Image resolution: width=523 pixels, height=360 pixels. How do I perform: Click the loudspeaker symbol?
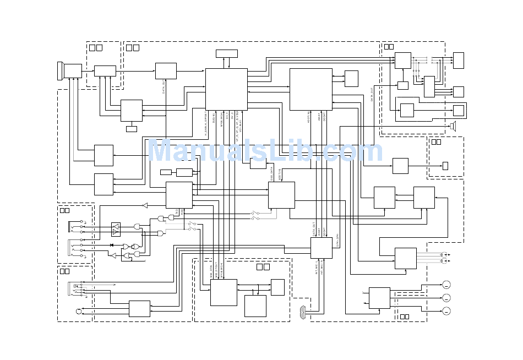453,126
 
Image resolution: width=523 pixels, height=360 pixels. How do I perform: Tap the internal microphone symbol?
302,312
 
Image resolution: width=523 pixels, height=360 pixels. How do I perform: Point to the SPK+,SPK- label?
337,240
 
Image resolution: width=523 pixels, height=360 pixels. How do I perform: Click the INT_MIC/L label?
317,268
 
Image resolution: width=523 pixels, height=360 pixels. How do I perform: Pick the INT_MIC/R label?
323,268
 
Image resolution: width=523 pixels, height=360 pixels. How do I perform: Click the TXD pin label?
177,211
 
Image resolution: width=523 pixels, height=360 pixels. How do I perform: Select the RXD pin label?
182,211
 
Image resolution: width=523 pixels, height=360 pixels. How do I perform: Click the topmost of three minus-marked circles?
446,285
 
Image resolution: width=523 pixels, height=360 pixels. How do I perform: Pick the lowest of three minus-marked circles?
446,311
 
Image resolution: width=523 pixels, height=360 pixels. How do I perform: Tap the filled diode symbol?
112,245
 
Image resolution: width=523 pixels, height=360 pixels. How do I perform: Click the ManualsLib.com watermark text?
265,151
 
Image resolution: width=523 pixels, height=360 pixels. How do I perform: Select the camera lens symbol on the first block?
60,71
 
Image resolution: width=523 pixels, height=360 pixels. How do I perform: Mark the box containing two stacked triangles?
116,229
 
